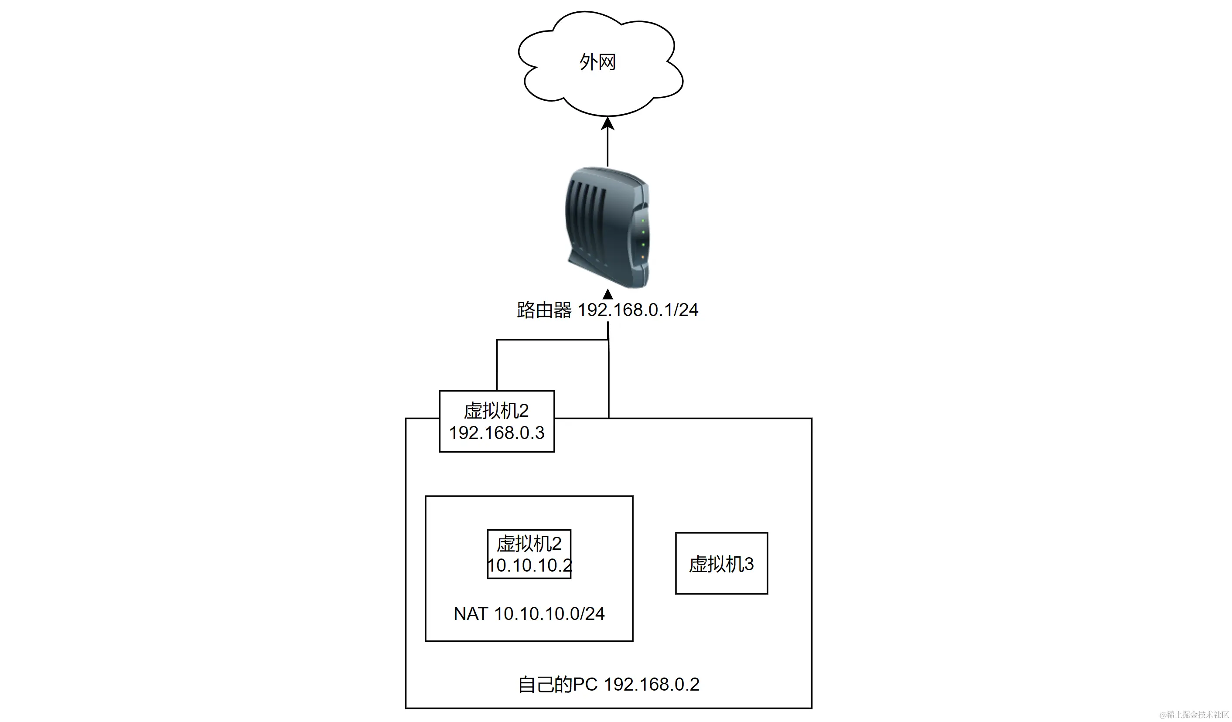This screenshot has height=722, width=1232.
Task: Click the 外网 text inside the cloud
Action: point(597,62)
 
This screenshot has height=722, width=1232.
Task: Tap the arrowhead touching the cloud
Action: point(607,123)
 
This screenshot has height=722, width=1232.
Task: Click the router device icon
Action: point(607,227)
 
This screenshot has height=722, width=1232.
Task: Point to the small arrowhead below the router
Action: point(607,294)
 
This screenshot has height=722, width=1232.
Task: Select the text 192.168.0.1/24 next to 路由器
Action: point(638,310)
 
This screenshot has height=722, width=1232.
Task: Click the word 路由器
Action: point(544,310)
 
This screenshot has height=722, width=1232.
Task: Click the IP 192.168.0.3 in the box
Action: point(496,433)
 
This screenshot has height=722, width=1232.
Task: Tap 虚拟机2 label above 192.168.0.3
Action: point(496,411)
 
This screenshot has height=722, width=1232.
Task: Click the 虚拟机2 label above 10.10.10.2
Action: point(529,544)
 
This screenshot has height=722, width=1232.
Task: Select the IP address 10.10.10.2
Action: point(529,565)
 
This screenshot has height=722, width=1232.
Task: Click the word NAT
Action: point(470,614)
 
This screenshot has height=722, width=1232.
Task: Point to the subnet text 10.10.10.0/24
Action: point(549,614)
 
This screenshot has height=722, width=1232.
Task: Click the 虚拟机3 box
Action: point(721,564)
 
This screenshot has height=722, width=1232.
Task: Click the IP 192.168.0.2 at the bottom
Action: point(652,685)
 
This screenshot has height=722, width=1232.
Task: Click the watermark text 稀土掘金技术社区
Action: point(1198,715)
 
